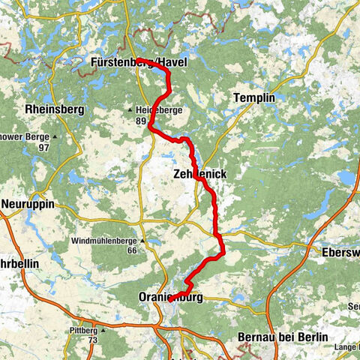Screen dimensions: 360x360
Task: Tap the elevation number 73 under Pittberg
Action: click(93, 340)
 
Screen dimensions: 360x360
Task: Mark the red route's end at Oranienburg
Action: click(172, 298)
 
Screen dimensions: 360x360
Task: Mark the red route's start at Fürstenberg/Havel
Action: click(138, 59)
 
